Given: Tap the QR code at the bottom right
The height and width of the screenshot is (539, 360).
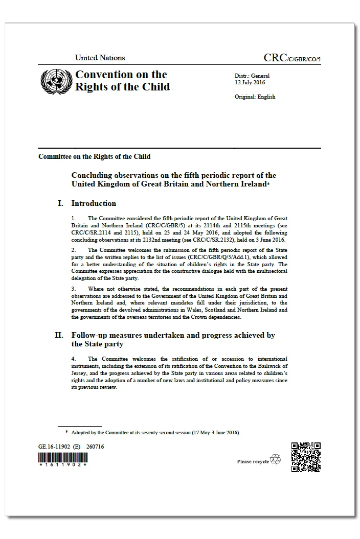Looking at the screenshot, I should [306, 457].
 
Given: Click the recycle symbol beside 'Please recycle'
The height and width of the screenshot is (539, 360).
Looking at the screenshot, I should [276, 459].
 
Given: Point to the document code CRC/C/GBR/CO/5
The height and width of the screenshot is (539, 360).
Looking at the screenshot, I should [292, 58].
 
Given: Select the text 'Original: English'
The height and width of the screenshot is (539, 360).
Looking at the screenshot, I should [255, 97].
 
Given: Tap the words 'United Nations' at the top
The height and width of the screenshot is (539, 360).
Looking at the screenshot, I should [100, 58].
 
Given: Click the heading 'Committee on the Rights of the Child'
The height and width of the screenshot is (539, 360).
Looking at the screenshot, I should [94, 156].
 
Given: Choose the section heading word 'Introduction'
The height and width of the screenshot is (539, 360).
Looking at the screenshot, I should [94, 203].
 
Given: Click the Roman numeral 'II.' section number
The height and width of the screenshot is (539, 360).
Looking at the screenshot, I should [59, 335].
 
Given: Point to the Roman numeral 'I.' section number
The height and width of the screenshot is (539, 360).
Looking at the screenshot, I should [61, 203].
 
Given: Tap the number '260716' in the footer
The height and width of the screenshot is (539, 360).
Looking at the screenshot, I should [95, 446].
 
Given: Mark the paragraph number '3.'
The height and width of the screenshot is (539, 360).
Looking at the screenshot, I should [74, 289].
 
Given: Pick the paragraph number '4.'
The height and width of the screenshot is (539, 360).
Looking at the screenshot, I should [74, 359].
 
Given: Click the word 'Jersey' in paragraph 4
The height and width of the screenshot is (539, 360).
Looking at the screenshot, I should [80, 373].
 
